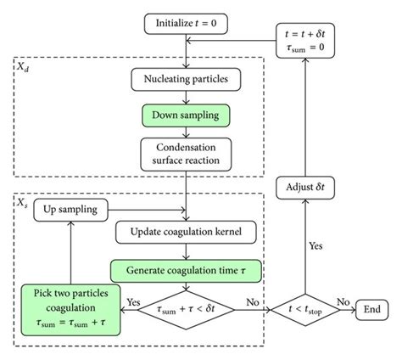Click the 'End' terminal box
point(371,310)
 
